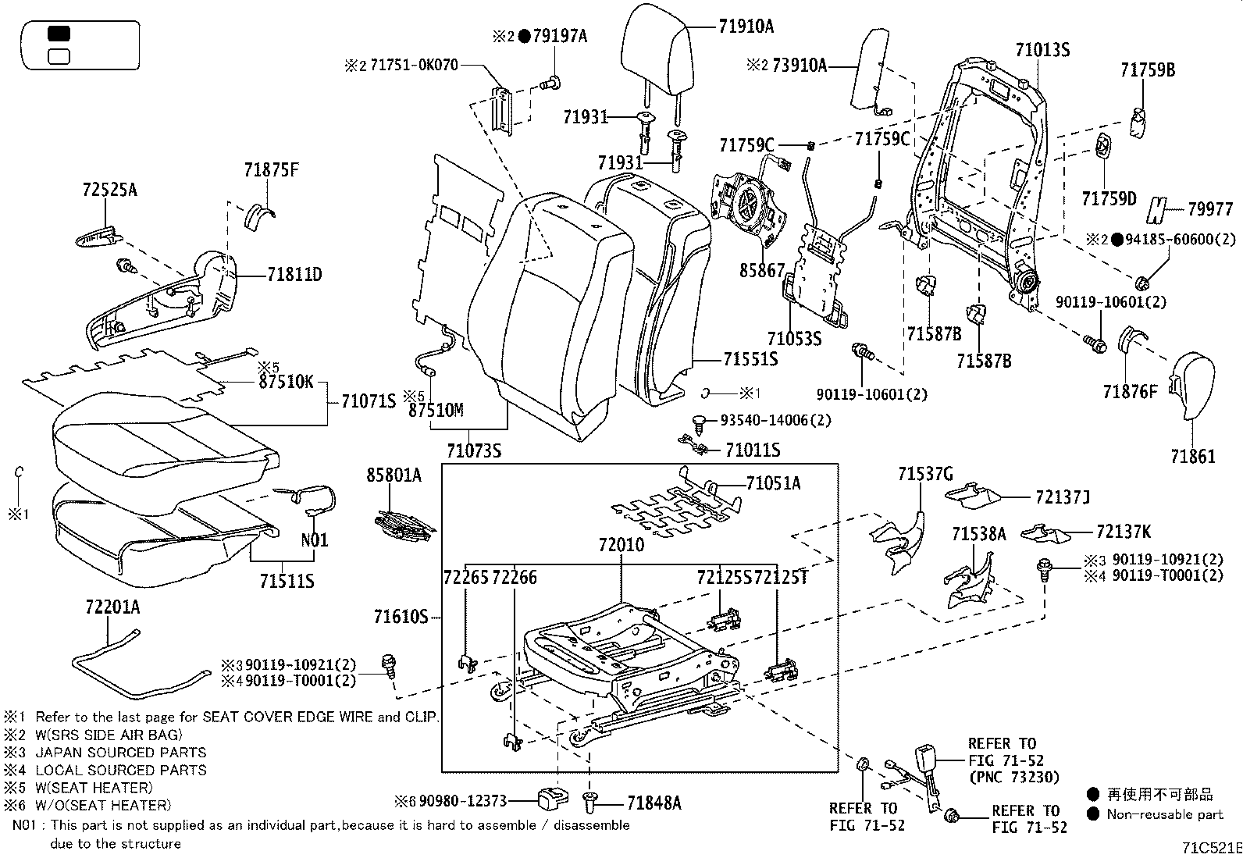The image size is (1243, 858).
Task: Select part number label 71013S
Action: [1042, 50]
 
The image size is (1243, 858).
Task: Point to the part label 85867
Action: [762, 271]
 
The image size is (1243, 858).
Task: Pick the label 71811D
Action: [294, 275]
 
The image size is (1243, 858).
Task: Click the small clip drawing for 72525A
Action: [97, 236]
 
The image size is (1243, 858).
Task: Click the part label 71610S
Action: [401, 618]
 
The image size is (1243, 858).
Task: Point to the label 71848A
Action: [654, 802]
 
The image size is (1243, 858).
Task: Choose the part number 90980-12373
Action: [463, 801]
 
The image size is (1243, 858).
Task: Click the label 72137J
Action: [1062, 497]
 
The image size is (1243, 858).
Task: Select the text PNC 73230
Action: [1013, 777]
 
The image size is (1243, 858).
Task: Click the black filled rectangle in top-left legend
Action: [59, 34]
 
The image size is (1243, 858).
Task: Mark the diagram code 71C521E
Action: [1210, 847]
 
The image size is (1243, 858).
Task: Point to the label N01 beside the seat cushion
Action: [315, 540]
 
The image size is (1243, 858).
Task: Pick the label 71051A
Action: [773, 484]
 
